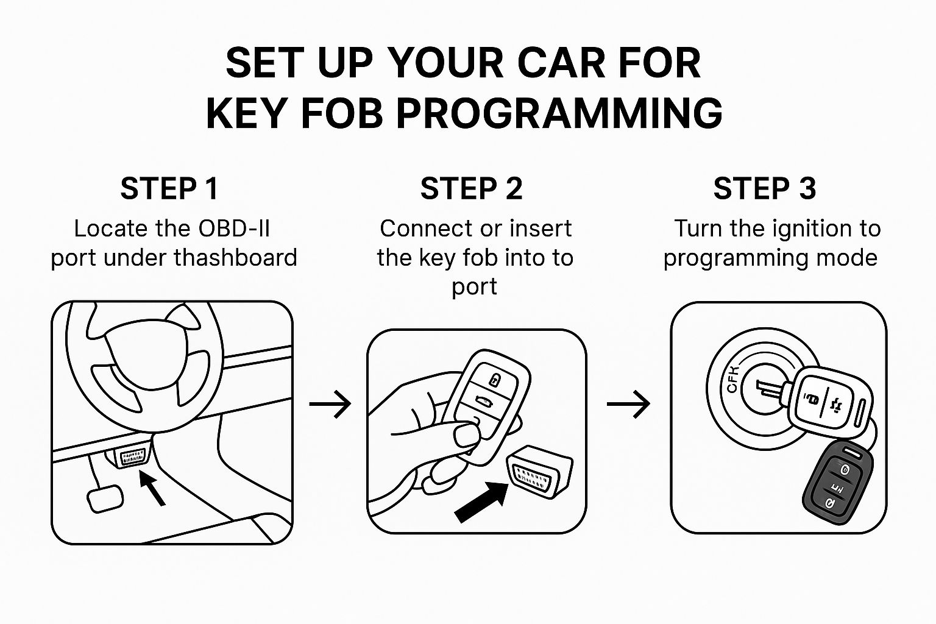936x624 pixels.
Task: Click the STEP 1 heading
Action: pos(169,188)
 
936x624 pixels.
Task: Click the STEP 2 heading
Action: pos(471,188)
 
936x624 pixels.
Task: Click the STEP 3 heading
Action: pos(764,188)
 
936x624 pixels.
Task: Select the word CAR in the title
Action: pos(561,63)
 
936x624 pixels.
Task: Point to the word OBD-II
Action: pos(235,229)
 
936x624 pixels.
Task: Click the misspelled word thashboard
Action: pos(236,257)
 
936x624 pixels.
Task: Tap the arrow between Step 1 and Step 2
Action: pos(330,404)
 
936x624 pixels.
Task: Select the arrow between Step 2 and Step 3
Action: pos(628,404)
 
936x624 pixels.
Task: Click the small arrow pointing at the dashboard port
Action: pos(152,488)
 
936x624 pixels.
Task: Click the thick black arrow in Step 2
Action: pos(481,502)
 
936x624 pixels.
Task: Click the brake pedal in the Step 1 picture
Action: pos(105,498)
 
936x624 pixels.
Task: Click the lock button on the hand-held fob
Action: pos(494,380)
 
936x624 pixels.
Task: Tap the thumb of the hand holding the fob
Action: pos(467,436)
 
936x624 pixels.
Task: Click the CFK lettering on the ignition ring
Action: pos(732,379)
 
